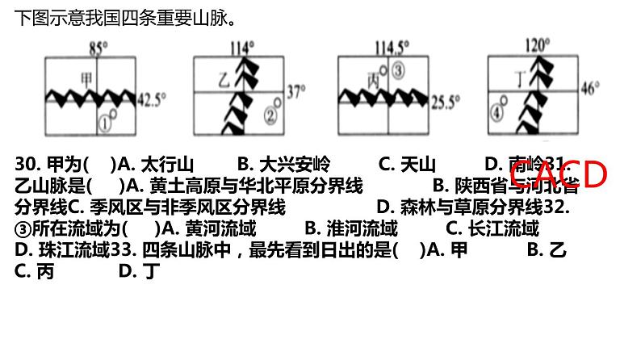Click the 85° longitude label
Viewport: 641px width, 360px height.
coord(98,48)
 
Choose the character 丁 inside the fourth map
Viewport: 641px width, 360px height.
coord(520,79)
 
